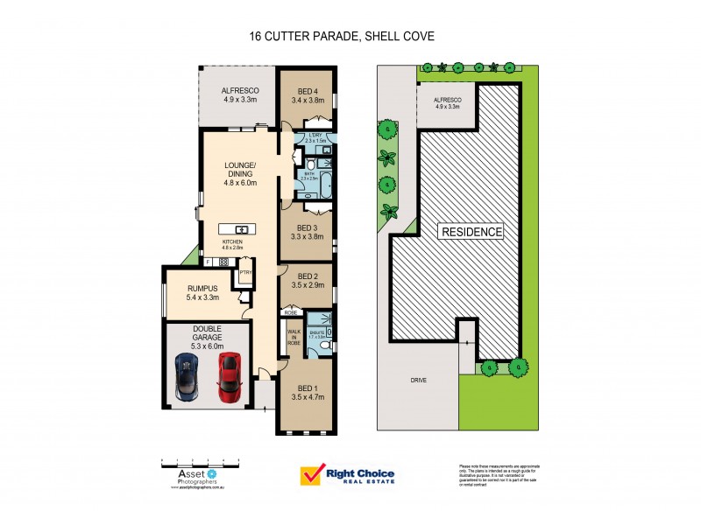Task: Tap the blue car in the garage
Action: point(188,374)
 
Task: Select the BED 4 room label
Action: point(308,95)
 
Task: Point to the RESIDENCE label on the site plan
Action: point(471,232)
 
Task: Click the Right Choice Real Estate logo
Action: point(348,475)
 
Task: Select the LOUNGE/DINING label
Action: point(239,171)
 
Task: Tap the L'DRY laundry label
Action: point(317,137)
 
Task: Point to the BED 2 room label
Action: point(308,281)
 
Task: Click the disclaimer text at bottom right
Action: point(495,475)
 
